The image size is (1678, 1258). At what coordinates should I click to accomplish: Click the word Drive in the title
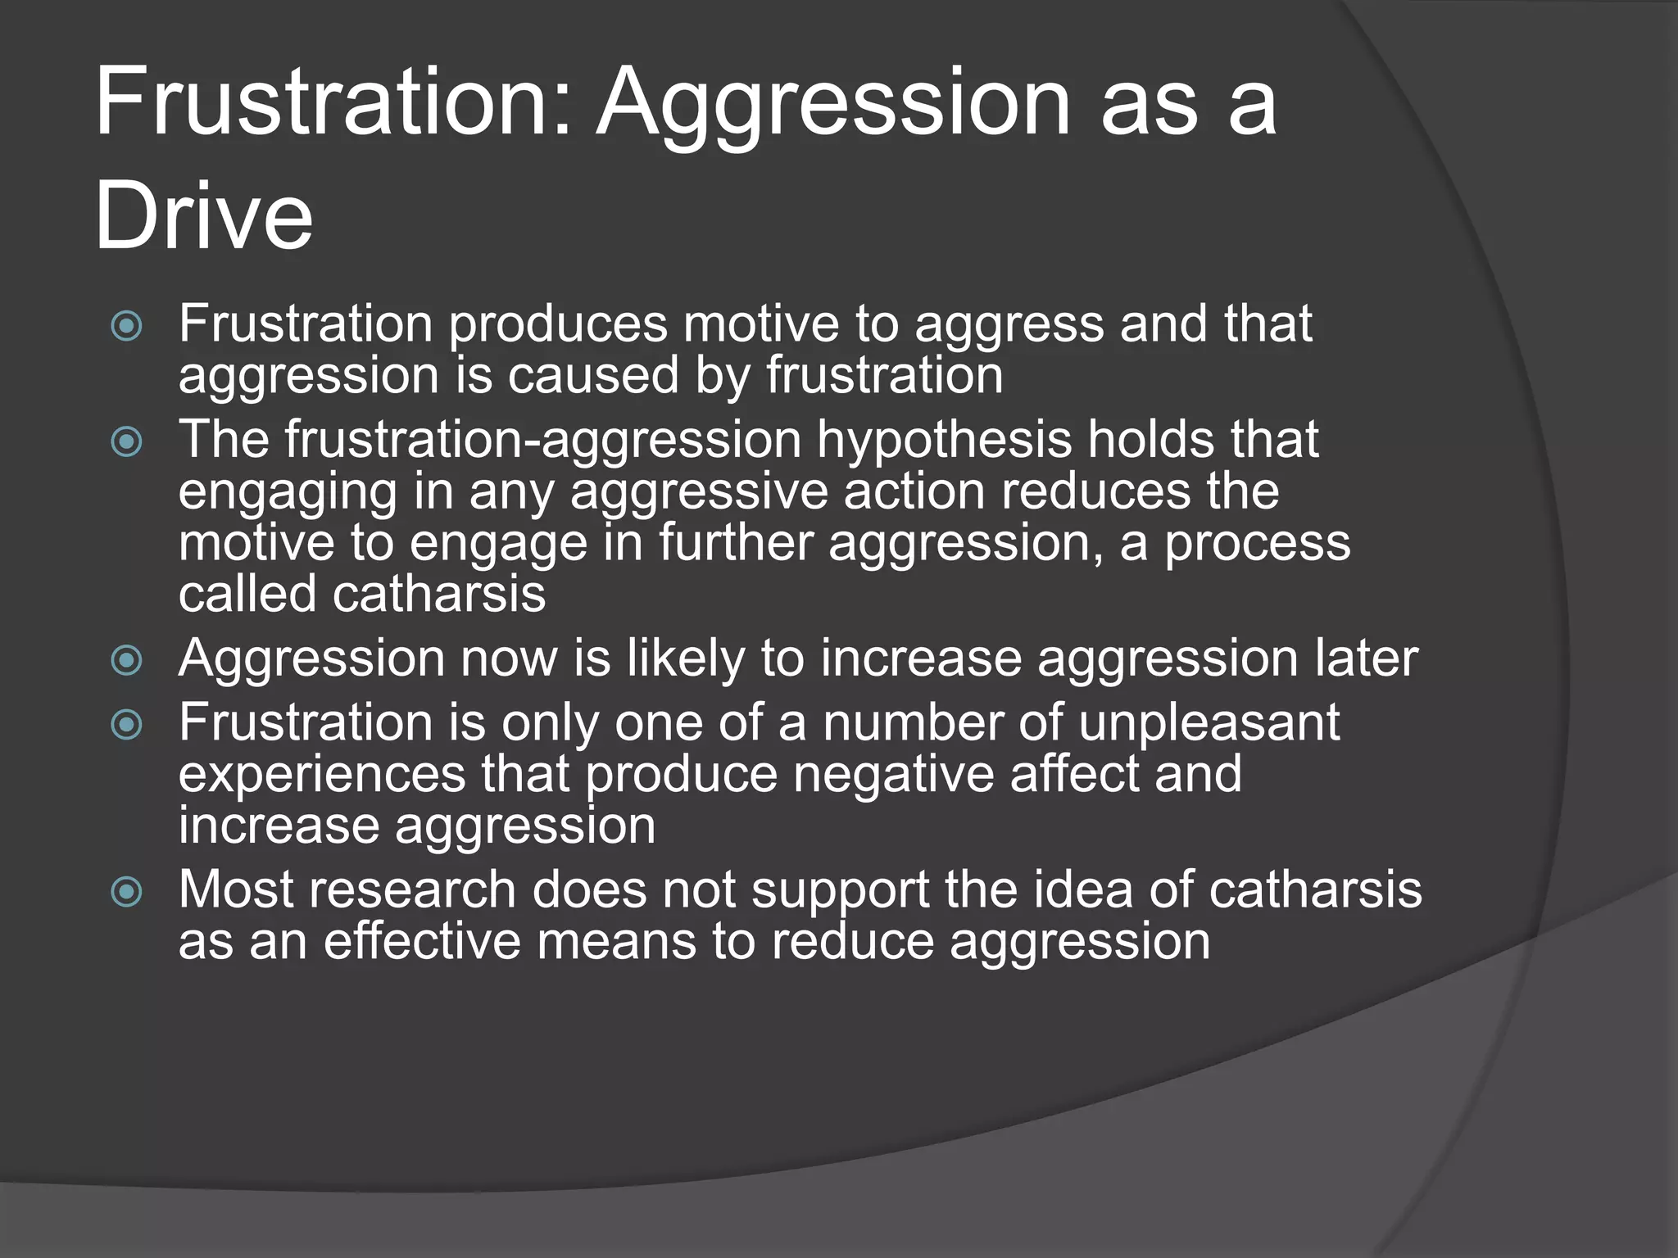[x=204, y=215]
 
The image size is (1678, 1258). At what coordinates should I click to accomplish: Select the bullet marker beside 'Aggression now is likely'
[x=127, y=660]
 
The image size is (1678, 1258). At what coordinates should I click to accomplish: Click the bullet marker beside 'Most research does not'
[x=127, y=892]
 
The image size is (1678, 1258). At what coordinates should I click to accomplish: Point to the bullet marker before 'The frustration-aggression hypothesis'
[x=127, y=442]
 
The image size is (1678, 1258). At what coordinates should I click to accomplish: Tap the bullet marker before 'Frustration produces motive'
[x=127, y=327]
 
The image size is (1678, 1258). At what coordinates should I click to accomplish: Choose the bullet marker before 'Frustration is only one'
[x=127, y=725]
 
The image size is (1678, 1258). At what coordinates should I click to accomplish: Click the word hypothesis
[x=944, y=441]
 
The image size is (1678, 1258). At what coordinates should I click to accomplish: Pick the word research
[x=412, y=890]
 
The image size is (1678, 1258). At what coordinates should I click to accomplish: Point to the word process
[x=1258, y=544]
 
